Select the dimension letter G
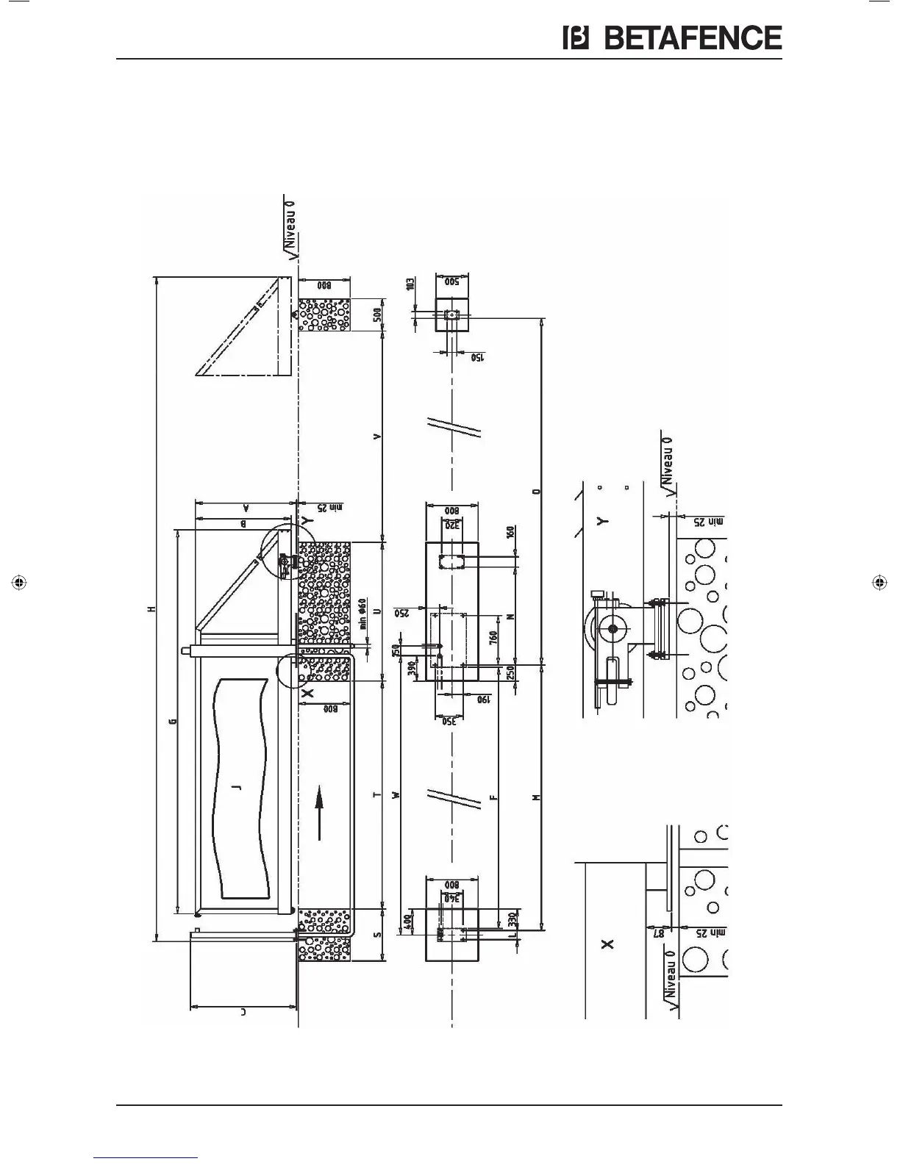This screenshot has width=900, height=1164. (x=171, y=721)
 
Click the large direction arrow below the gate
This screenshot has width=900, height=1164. (x=319, y=813)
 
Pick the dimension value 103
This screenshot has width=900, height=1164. (x=410, y=283)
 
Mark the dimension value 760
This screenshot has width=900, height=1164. (x=494, y=637)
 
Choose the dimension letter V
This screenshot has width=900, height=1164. (x=378, y=436)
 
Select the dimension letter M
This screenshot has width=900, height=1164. (x=537, y=797)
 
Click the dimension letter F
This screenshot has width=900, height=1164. (x=494, y=797)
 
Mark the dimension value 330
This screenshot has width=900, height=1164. (x=514, y=919)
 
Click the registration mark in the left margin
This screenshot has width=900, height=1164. (x=20, y=582)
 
